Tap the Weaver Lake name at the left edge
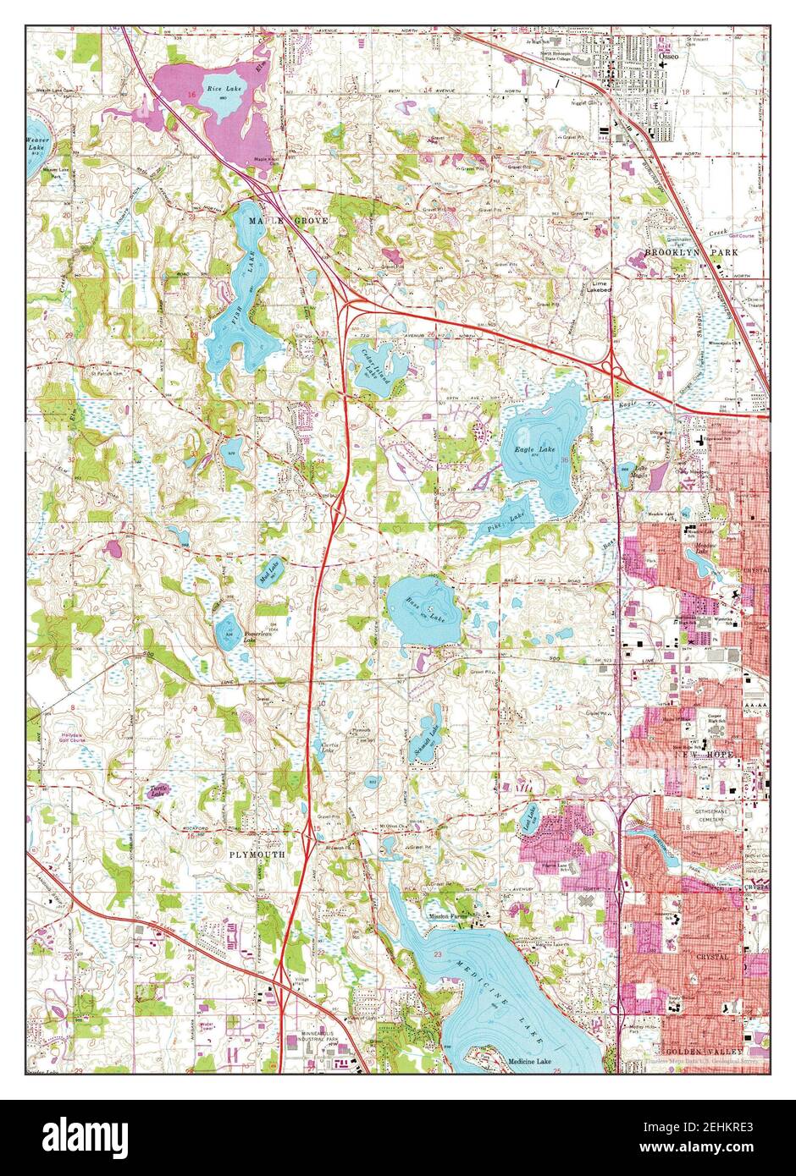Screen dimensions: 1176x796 (x=36, y=143)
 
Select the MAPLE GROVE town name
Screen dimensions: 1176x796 (x=276, y=220)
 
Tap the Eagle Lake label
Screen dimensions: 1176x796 (x=535, y=448)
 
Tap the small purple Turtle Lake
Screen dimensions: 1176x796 (x=157, y=791)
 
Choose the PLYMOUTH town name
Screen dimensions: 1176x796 (x=257, y=855)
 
